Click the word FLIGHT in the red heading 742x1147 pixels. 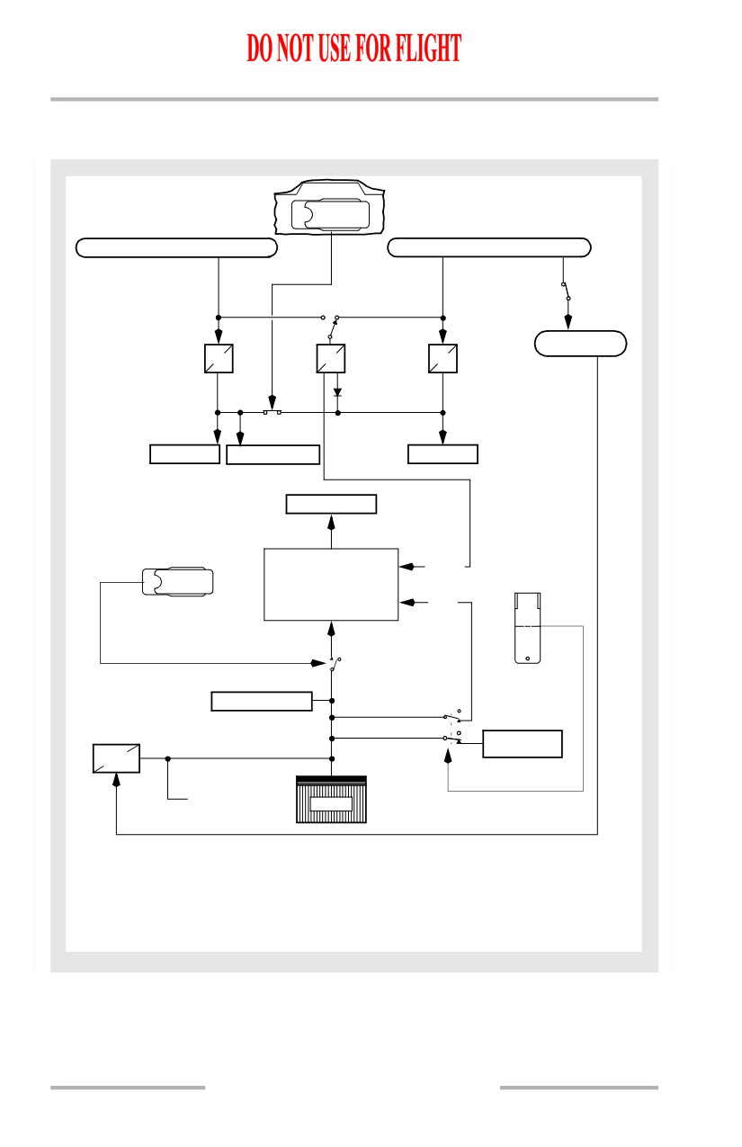(x=429, y=48)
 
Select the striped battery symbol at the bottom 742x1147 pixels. (x=331, y=800)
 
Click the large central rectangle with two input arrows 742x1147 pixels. (x=331, y=584)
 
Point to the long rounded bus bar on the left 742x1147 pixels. (x=176, y=247)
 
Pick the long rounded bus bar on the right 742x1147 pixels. (x=489, y=247)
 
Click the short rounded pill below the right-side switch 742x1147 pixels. (x=580, y=343)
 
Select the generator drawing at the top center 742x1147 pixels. (x=329, y=207)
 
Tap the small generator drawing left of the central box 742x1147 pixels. (x=178, y=581)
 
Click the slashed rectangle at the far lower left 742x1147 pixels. (x=116, y=757)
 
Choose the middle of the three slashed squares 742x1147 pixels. (x=330, y=358)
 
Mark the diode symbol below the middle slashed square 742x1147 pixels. (x=337, y=393)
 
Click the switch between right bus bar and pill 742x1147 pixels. (x=566, y=291)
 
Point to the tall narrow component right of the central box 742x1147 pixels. (x=527, y=628)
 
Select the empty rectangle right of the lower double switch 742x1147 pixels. (x=523, y=743)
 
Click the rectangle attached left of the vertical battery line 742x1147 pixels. (x=262, y=701)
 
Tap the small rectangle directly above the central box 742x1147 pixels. (x=331, y=504)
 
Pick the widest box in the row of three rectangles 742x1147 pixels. (x=273, y=454)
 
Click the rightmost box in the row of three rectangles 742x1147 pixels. (x=443, y=454)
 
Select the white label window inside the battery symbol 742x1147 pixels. (x=331, y=804)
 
